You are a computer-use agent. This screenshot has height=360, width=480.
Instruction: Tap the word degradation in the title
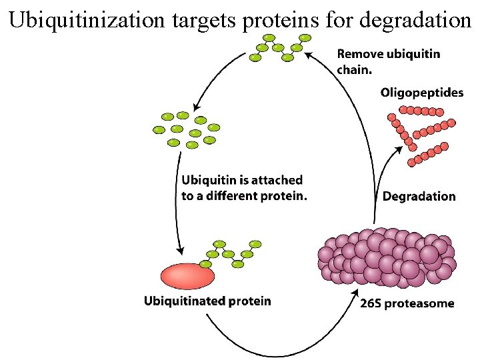(415, 20)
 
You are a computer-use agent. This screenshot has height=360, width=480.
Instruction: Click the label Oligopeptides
(421, 93)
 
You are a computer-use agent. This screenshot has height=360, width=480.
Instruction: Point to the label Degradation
(419, 196)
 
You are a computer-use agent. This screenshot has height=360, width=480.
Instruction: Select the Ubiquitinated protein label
(207, 301)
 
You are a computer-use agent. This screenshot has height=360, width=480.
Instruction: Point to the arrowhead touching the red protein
(181, 251)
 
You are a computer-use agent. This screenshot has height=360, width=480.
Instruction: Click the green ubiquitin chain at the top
(279, 47)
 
